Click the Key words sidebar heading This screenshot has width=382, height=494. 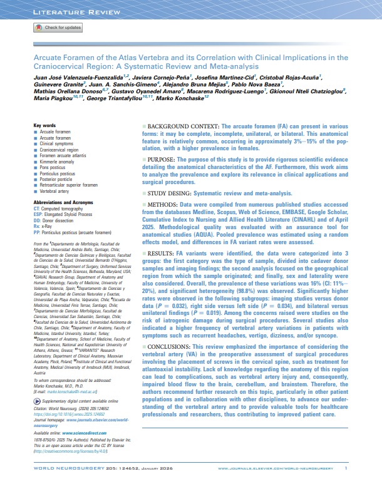click(x=46, y=126)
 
